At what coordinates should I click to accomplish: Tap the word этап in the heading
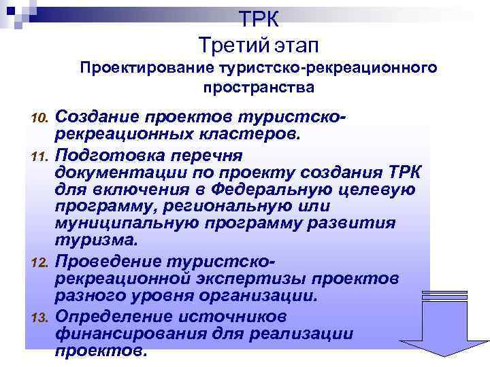296,46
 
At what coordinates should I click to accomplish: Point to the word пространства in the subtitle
258,87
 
